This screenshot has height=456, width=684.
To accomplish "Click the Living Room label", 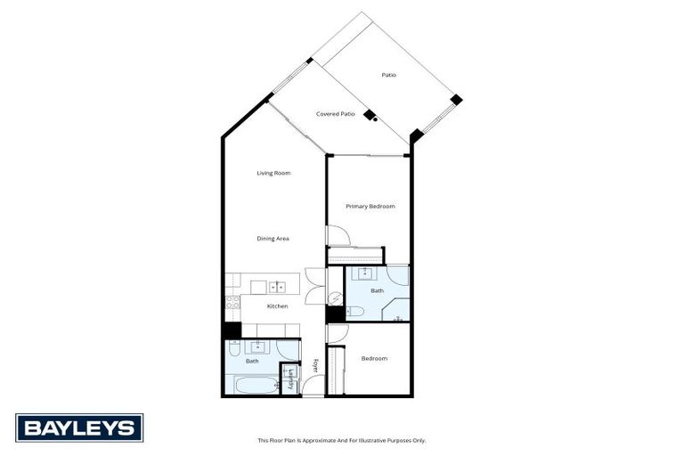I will click(x=273, y=173).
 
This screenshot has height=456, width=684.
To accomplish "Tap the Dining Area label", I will click(x=273, y=239).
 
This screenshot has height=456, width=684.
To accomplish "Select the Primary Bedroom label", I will click(x=370, y=206).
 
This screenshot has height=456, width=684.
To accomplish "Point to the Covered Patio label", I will click(x=335, y=114).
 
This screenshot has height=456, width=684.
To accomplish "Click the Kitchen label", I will click(x=277, y=306).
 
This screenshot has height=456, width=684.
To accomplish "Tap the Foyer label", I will click(x=315, y=365).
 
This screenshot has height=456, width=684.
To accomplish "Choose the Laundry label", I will click(x=290, y=379).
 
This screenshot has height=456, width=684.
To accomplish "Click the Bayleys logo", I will click(x=79, y=427).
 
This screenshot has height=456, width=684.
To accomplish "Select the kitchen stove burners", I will click(x=232, y=302).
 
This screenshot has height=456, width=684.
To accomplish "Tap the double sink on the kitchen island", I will click(x=277, y=287).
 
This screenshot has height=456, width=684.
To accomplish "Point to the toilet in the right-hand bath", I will click(x=354, y=311).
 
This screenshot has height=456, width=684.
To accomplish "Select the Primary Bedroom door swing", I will click(x=338, y=236).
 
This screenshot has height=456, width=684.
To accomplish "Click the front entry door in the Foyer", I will click(x=313, y=386).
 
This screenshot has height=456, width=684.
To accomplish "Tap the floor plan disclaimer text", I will click(x=341, y=440).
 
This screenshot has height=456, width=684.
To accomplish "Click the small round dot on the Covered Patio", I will click(x=376, y=118).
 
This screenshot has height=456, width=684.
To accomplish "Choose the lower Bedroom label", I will click(x=374, y=359).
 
